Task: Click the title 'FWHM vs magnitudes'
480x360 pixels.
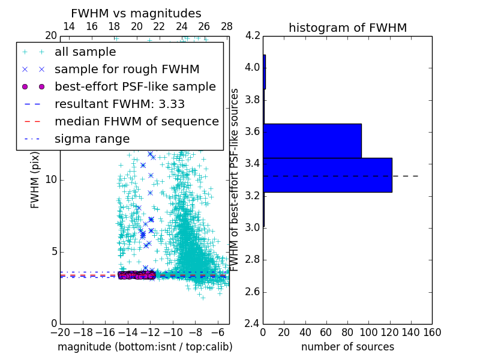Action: click(136, 13)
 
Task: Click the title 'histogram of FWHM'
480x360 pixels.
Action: click(347, 28)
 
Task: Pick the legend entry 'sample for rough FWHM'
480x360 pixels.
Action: click(127, 69)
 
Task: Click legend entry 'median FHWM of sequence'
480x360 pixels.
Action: click(136, 121)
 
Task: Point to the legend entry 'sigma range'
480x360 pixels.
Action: click(92, 139)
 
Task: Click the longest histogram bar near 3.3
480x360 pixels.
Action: click(328, 175)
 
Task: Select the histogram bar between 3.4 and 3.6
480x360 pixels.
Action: click(312, 140)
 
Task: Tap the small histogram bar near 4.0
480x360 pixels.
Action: click(264, 72)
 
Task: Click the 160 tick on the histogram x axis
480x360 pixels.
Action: click(431, 332)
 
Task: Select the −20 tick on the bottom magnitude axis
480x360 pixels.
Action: click(60, 332)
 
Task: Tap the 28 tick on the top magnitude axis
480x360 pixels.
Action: click(226, 26)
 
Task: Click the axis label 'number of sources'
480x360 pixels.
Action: click(347, 347)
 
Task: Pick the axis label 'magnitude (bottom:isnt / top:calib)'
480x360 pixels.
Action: click(145, 347)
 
